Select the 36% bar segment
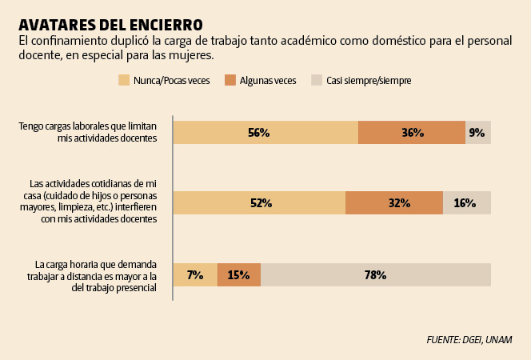412,133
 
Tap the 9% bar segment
478,133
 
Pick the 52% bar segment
259,203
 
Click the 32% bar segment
394,203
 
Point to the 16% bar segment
467,203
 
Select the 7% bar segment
195,274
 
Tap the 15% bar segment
239,274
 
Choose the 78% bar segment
376,274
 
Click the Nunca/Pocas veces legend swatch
124,80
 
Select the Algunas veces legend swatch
230,80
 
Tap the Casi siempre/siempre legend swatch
317,80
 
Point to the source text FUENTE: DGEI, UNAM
469,340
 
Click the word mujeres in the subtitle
192,56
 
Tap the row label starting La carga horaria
96,276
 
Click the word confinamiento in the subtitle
70,41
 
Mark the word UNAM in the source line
497,340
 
